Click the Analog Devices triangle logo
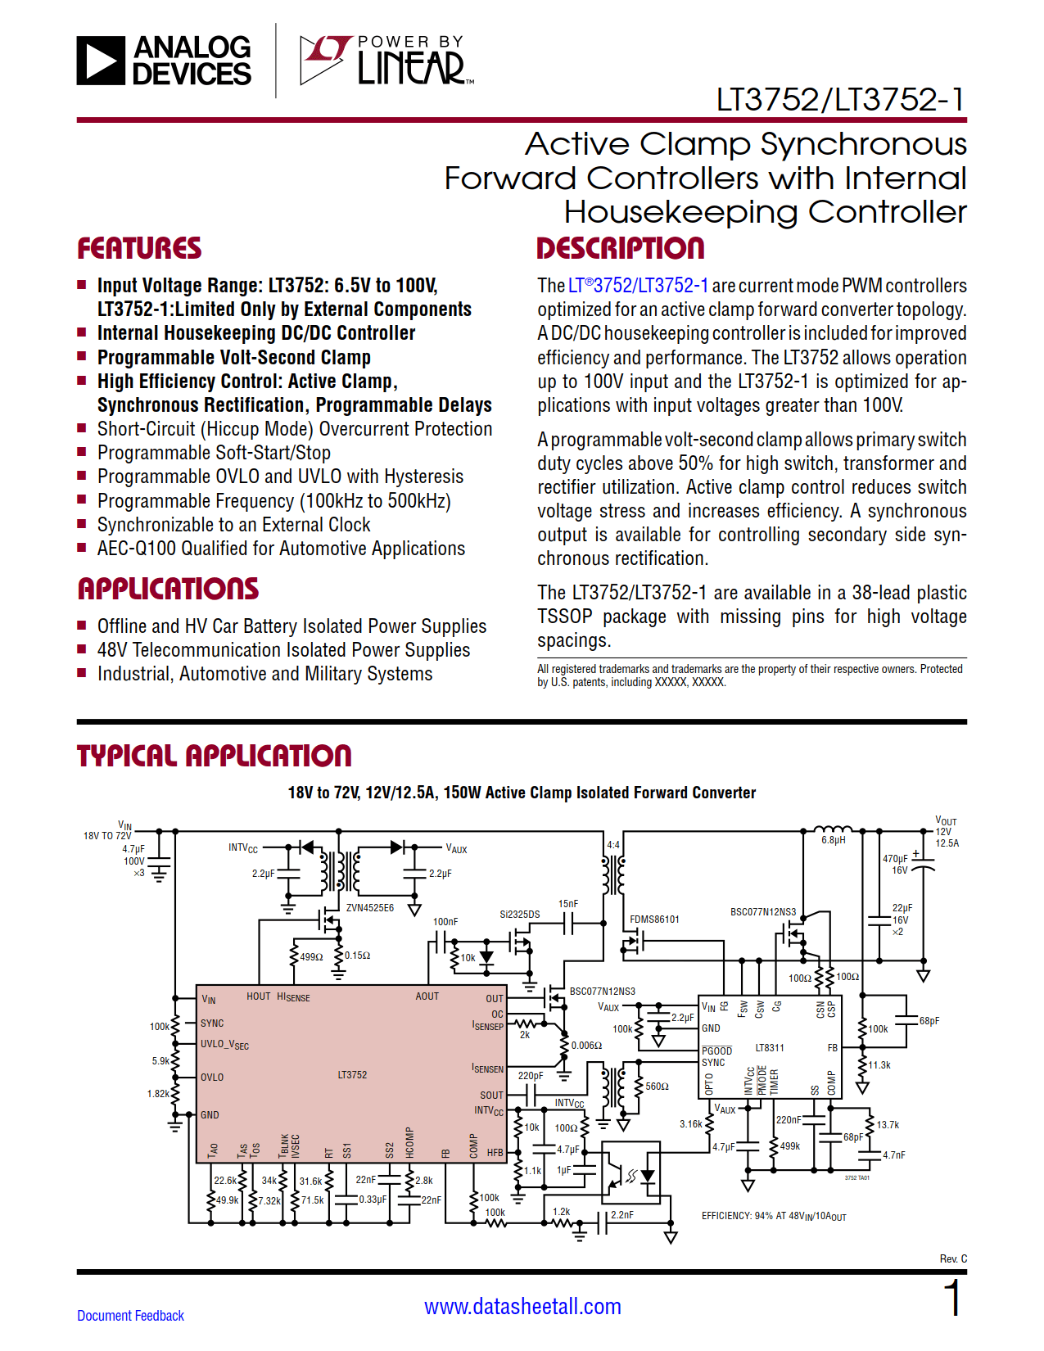point(101,61)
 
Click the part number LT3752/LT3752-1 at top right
point(840,100)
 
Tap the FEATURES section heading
point(139,248)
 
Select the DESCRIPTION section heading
point(620,248)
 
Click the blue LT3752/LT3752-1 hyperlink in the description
point(638,286)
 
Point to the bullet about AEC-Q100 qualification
point(281,549)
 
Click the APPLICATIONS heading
point(168,589)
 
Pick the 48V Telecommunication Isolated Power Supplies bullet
point(283,650)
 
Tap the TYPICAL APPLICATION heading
point(214,756)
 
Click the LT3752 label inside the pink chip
point(352,1074)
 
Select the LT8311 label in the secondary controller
point(769,1047)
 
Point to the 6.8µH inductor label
point(834,840)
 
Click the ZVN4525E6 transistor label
point(369,907)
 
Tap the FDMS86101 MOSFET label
point(654,919)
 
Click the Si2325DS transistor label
point(519,914)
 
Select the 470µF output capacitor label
point(894,859)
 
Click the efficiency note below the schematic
point(773,1216)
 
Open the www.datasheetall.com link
point(522,1306)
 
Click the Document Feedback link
point(130,1315)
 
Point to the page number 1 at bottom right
point(952,1299)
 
